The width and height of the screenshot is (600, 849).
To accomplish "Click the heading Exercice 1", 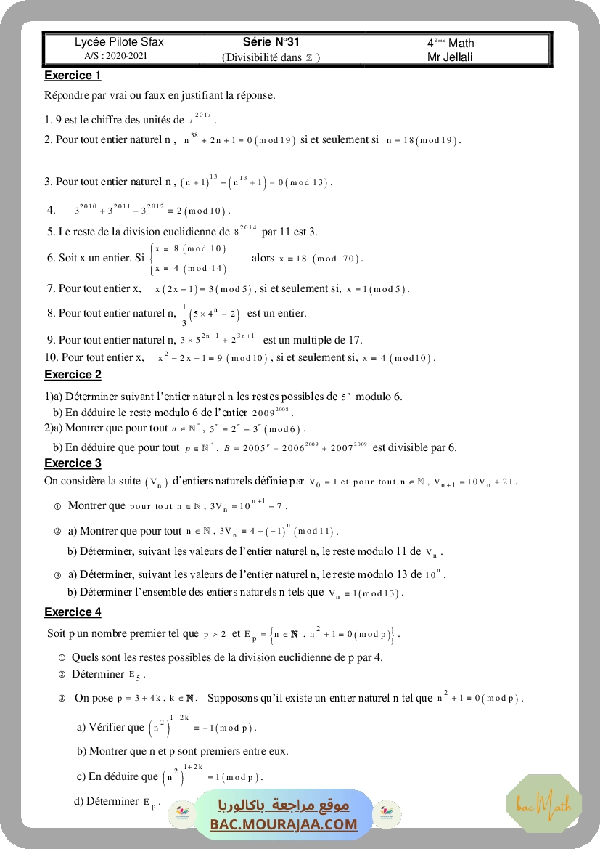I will pos(73,76).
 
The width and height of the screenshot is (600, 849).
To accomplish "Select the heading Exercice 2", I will pos(73,375).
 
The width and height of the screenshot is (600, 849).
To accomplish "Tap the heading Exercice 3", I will pos(73,463).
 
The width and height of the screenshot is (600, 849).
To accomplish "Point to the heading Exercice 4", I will pos(73,612).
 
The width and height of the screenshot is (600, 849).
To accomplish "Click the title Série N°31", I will pos(271,42).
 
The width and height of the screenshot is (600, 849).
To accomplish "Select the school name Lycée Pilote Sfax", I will pos(119,42).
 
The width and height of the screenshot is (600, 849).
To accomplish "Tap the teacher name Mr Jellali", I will pos(451,57).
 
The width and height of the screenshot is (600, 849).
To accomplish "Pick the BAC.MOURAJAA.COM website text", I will pos(284,824).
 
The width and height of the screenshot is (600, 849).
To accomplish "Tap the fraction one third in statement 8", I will pos(184,314).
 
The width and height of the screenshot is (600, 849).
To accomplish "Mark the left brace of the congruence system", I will pos(151,259).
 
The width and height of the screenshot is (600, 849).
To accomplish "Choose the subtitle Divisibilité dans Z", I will pos(271,57).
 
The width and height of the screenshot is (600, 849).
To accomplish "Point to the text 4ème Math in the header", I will pos(451,43).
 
